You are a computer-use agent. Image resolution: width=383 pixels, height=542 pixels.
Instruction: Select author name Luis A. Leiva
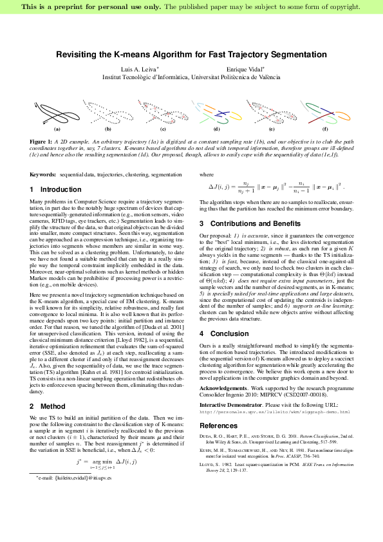click(140, 69)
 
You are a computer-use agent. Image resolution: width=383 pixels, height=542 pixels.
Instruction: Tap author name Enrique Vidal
click(243, 69)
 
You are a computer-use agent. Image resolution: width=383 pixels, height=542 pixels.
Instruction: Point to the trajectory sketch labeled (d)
click(216, 113)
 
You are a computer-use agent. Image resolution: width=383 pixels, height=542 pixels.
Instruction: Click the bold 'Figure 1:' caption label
click(41, 140)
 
